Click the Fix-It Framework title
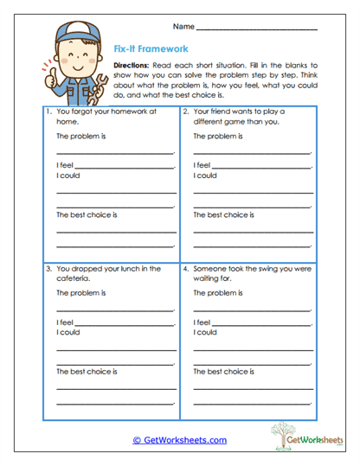pos(151,49)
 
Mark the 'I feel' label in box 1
pos(65,164)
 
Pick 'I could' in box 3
pos(68,332)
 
